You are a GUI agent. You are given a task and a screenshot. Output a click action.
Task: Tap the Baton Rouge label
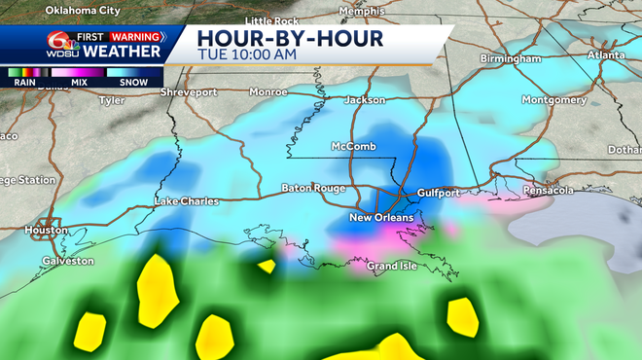click(307, 187)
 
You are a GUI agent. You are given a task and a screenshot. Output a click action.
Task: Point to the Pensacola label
click(543, 189)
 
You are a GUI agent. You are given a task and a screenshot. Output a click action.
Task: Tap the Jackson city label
click(365, 99)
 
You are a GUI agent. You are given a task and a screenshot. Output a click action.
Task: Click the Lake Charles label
click(187, 201)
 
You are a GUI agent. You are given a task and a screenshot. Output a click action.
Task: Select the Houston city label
click(47, 230)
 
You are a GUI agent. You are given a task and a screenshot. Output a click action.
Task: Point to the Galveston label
click(67, 261)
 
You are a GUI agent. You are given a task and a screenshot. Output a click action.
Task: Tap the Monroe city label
click(268, 92)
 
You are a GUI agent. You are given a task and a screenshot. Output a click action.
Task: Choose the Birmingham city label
click(510, 58)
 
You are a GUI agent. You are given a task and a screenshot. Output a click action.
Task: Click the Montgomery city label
click(553, 99)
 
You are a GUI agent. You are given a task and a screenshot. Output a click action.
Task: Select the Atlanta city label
click(607, 54)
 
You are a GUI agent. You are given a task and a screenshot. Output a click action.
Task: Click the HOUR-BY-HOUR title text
click(290, 37)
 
